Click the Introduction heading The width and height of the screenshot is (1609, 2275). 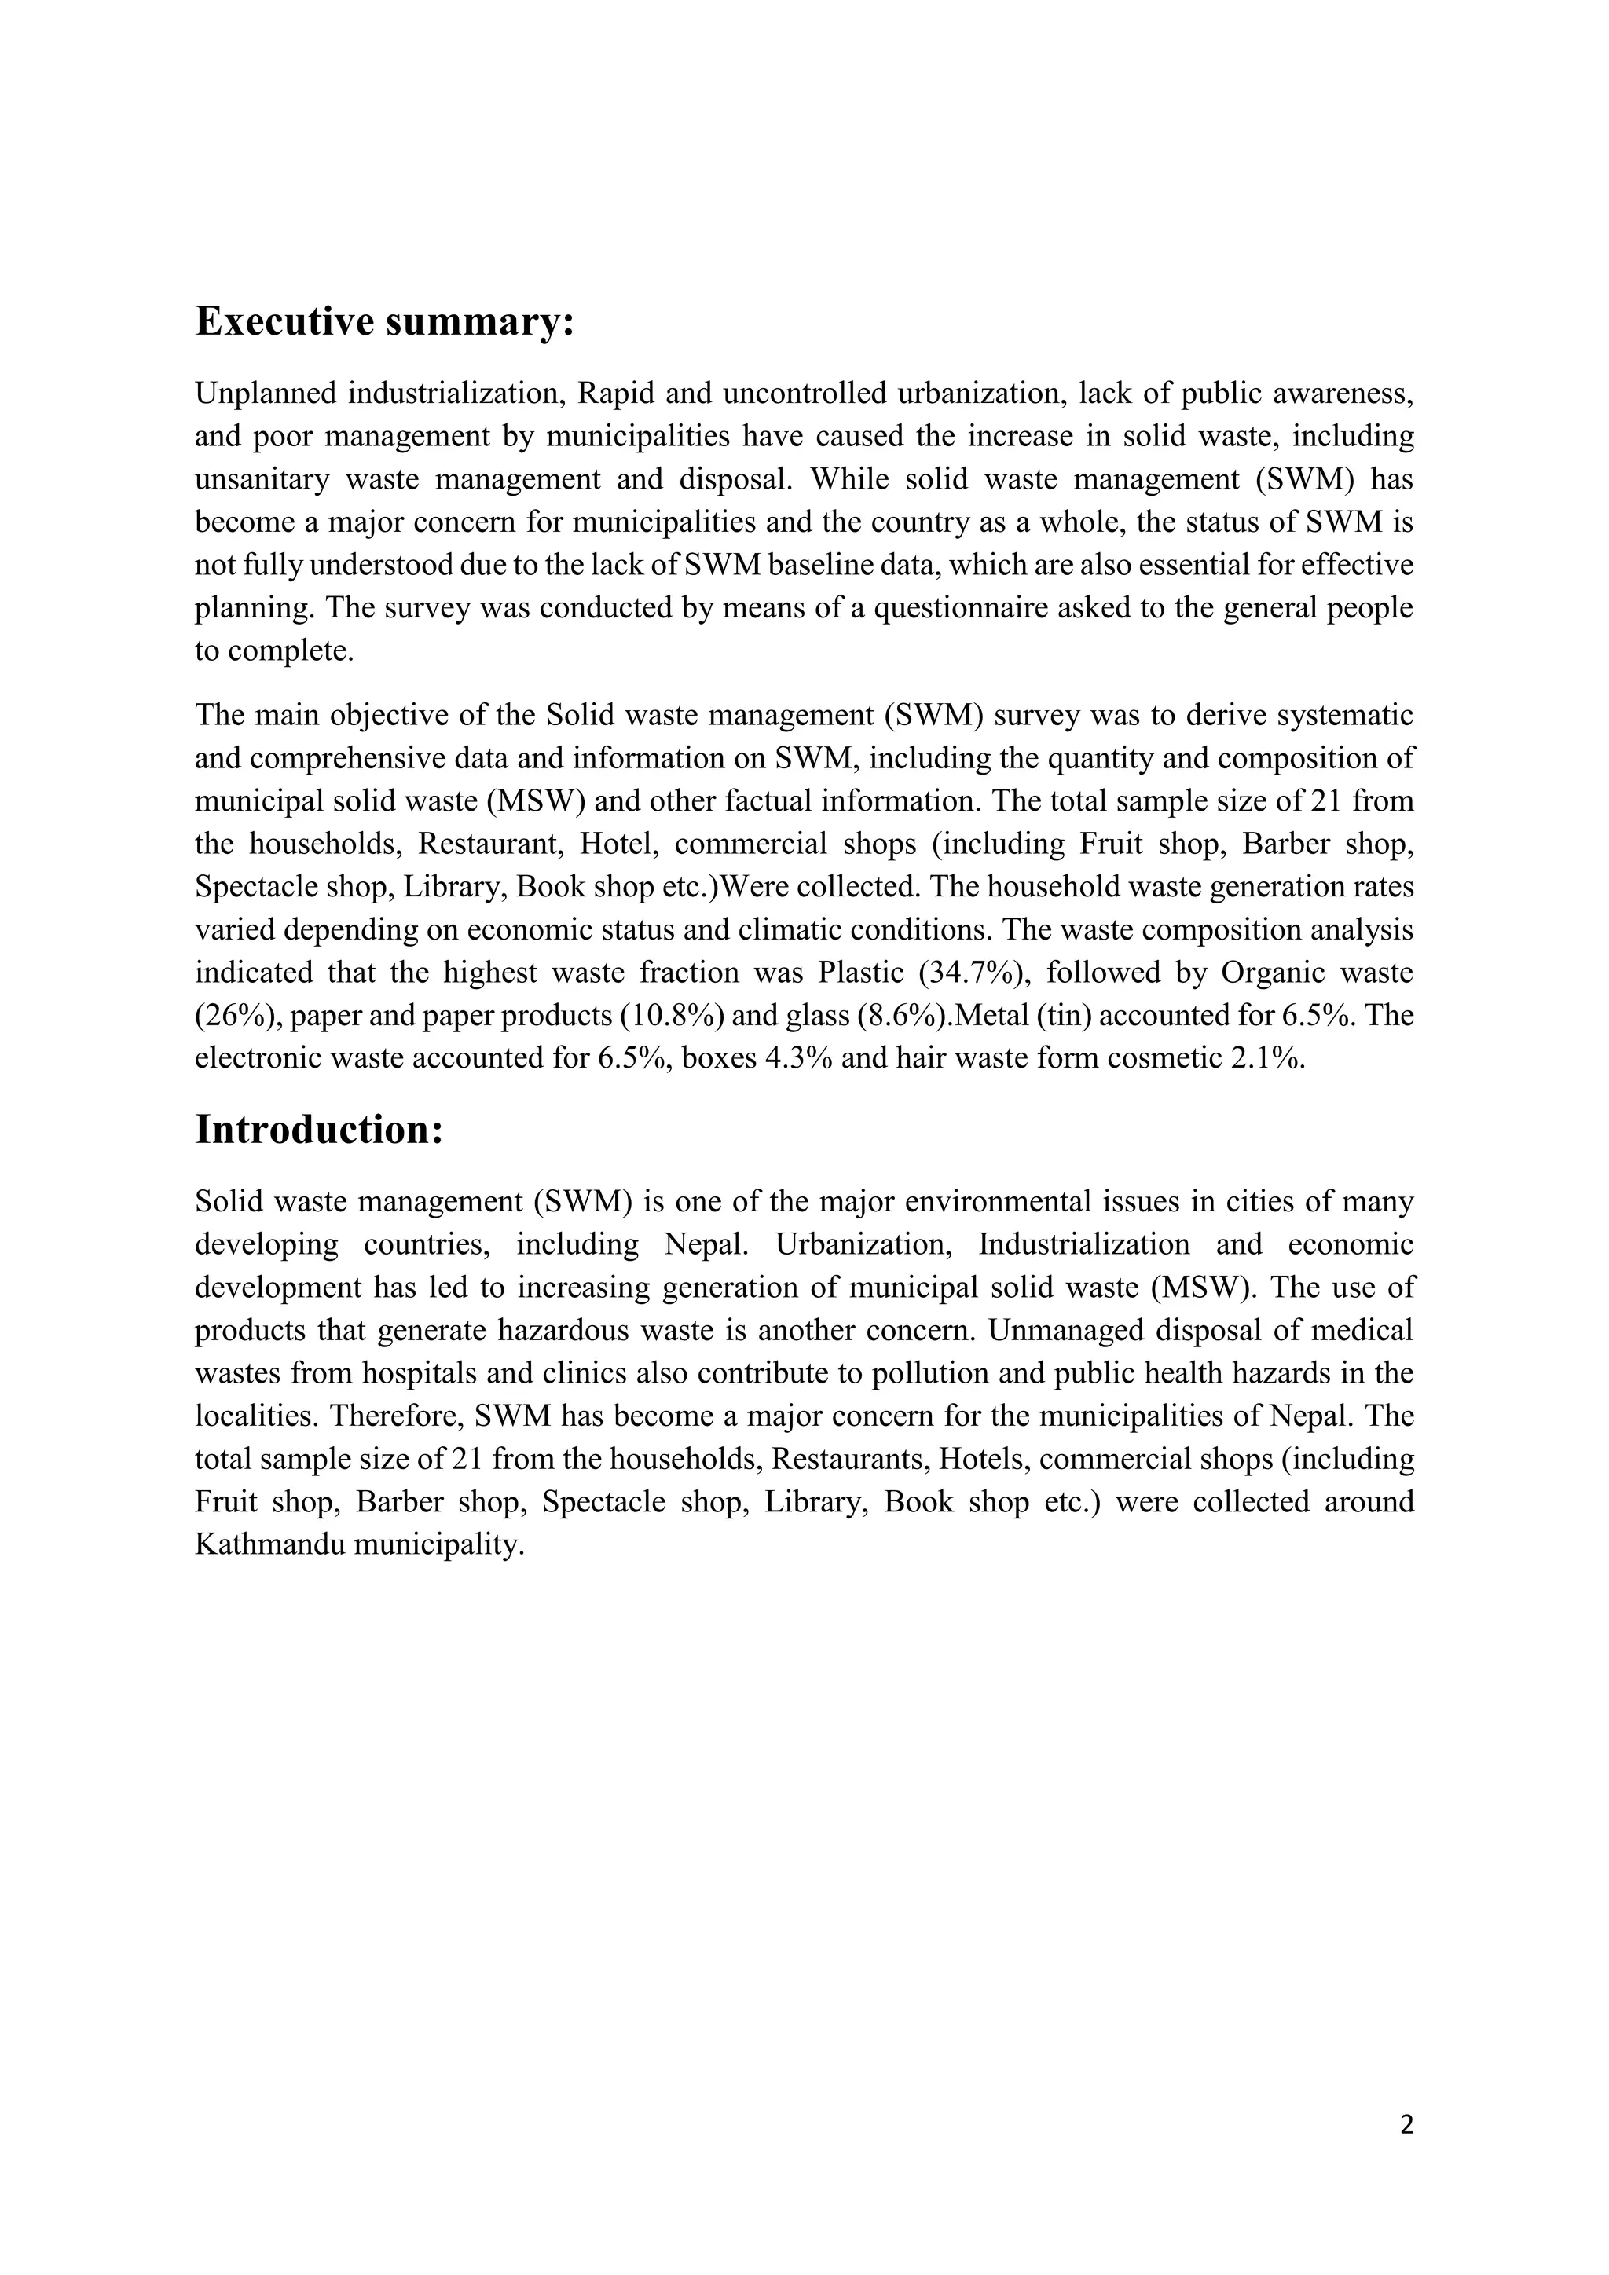tap(318, 1130)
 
